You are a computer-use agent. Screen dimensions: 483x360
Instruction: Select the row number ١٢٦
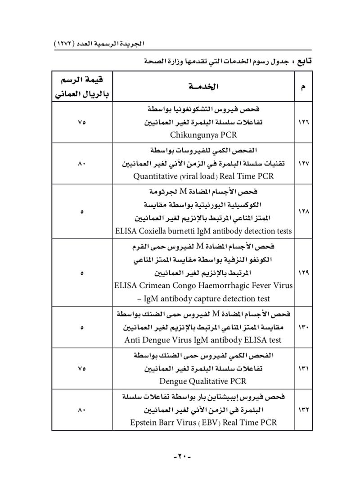tap(304, 122)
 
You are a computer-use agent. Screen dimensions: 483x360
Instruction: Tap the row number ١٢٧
tap(304, 164)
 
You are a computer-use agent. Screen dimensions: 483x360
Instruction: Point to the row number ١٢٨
tap(304, 211)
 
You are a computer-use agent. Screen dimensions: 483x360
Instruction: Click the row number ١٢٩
tap(304, 273)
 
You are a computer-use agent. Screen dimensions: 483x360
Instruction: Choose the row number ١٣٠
tap(304, 327)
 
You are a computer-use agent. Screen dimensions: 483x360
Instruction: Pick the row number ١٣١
tap(304, 369)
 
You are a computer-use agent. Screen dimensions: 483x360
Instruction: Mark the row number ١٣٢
tap(304, 410)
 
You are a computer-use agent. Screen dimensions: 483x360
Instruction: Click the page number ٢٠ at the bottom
tap(180, 456)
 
